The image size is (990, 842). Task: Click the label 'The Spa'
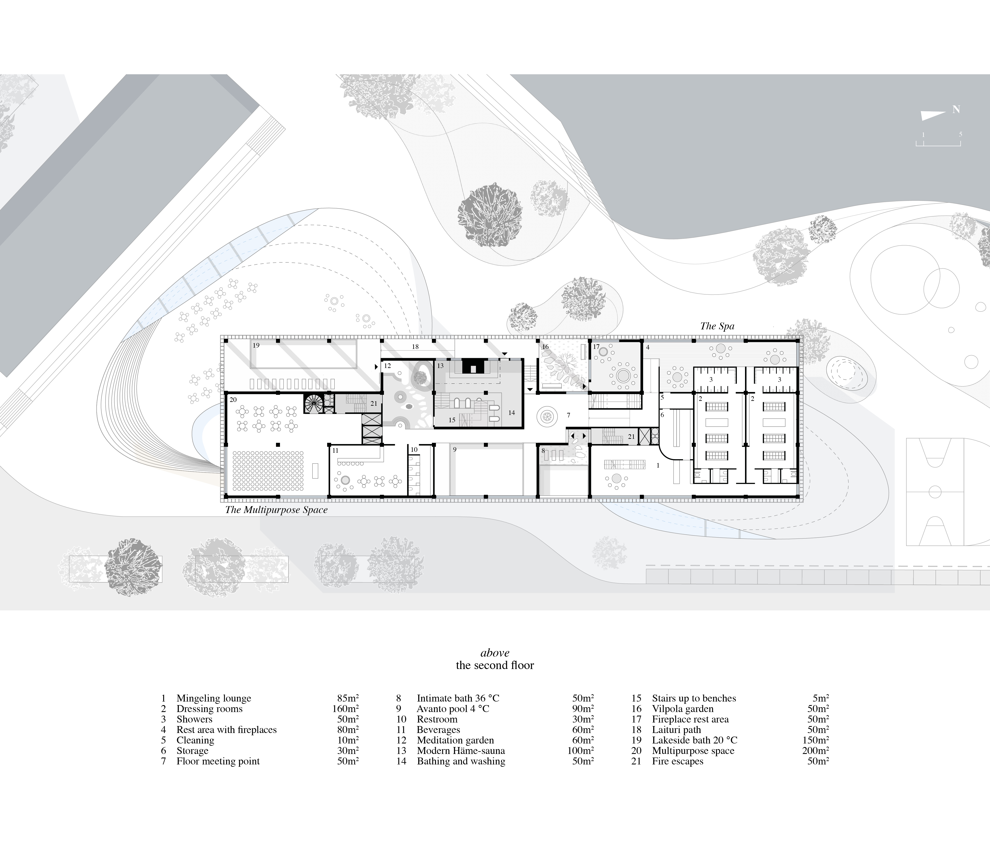point(717,326)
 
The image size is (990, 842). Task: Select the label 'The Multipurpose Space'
point(276,510)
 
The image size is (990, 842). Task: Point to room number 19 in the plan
point(256,345)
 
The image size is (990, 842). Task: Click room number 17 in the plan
point(596,347)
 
